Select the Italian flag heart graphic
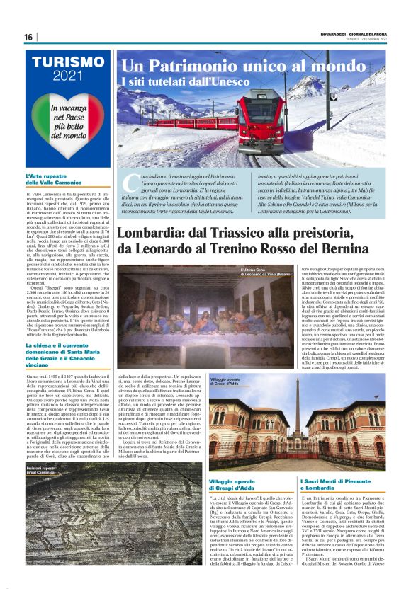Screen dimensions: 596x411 [68, 120]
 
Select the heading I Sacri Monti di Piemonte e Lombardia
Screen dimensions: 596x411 [342, 484]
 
